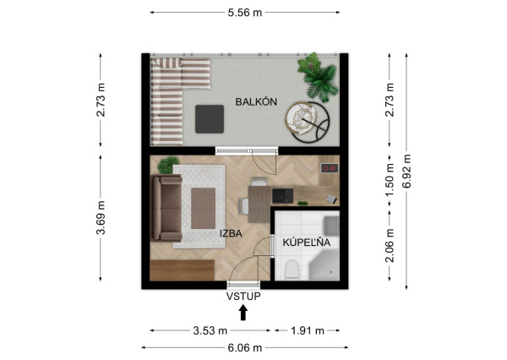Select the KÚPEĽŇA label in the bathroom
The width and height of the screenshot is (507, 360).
[x=306, y=243]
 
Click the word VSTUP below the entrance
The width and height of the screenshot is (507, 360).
[x=243, y=296]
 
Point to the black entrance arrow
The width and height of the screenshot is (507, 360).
[x=243, y=313]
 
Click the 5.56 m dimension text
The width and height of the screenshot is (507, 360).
[x=245, y=12]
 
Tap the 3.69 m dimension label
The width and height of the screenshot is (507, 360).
[x=101, y=217]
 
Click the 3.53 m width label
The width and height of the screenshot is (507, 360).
[x=210, y=330]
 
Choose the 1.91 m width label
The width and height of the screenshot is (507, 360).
[x=306, y=330]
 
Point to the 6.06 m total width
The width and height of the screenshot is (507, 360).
[x=245, y=346]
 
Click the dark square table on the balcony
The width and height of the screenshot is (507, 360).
[x=210, y=119]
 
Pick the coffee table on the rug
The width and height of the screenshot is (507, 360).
[x=203, y=208]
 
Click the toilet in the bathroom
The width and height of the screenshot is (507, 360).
[x=290, y=270]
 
